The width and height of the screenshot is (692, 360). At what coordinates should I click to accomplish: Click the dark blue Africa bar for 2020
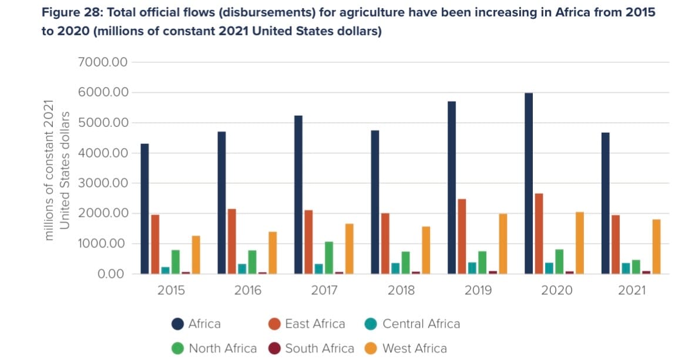click(529, 183)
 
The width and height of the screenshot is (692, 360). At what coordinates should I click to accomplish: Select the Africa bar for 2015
click(145, 208)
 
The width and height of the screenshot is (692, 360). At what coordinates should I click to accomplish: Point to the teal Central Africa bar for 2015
click(165, 270)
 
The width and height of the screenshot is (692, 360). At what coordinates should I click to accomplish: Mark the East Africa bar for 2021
click(616, 244)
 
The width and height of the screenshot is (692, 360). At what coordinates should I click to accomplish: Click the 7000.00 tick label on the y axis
click(103, 62)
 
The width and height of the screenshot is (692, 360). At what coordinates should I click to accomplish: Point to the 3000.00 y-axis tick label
click(103, 183)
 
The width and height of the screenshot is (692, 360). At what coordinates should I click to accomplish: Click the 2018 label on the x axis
click(401, 290)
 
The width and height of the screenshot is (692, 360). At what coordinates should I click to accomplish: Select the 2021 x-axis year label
click(631, 290)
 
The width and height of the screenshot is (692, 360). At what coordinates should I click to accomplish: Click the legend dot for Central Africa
click(371, 324)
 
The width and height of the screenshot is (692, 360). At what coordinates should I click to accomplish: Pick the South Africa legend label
click(320, 348)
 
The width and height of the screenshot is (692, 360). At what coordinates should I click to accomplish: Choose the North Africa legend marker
click(177, 348)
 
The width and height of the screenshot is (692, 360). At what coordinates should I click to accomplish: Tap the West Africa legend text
click(414, 348)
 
